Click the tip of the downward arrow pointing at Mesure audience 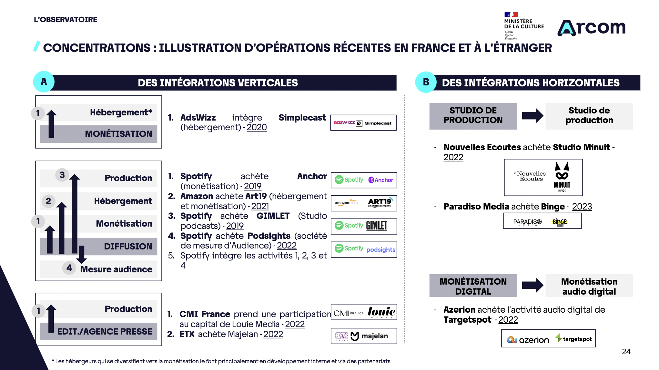coord(82,263)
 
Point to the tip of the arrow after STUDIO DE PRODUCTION coord(543,116)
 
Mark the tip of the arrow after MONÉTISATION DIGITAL coord(543,285)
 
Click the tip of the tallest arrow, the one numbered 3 coord(75,174)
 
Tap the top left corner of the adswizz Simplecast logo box coord(331,115)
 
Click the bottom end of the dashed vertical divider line coord(405,344)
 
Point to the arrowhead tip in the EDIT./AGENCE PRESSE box coord(51,305)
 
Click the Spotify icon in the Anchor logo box coord(339,180)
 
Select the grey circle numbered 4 coord(69,268)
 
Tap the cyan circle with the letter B coord(426,82)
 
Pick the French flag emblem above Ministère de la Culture coord(511,15)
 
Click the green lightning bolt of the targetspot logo coord(559,338)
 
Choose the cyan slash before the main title coord(36,46)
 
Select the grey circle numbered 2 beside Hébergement coord(48,201)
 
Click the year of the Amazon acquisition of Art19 coord(260,206)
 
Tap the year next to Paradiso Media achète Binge coord(582,207)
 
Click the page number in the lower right coord(626,352)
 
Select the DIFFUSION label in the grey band coord(128,247)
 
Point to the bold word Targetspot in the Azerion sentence coord(467,320)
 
